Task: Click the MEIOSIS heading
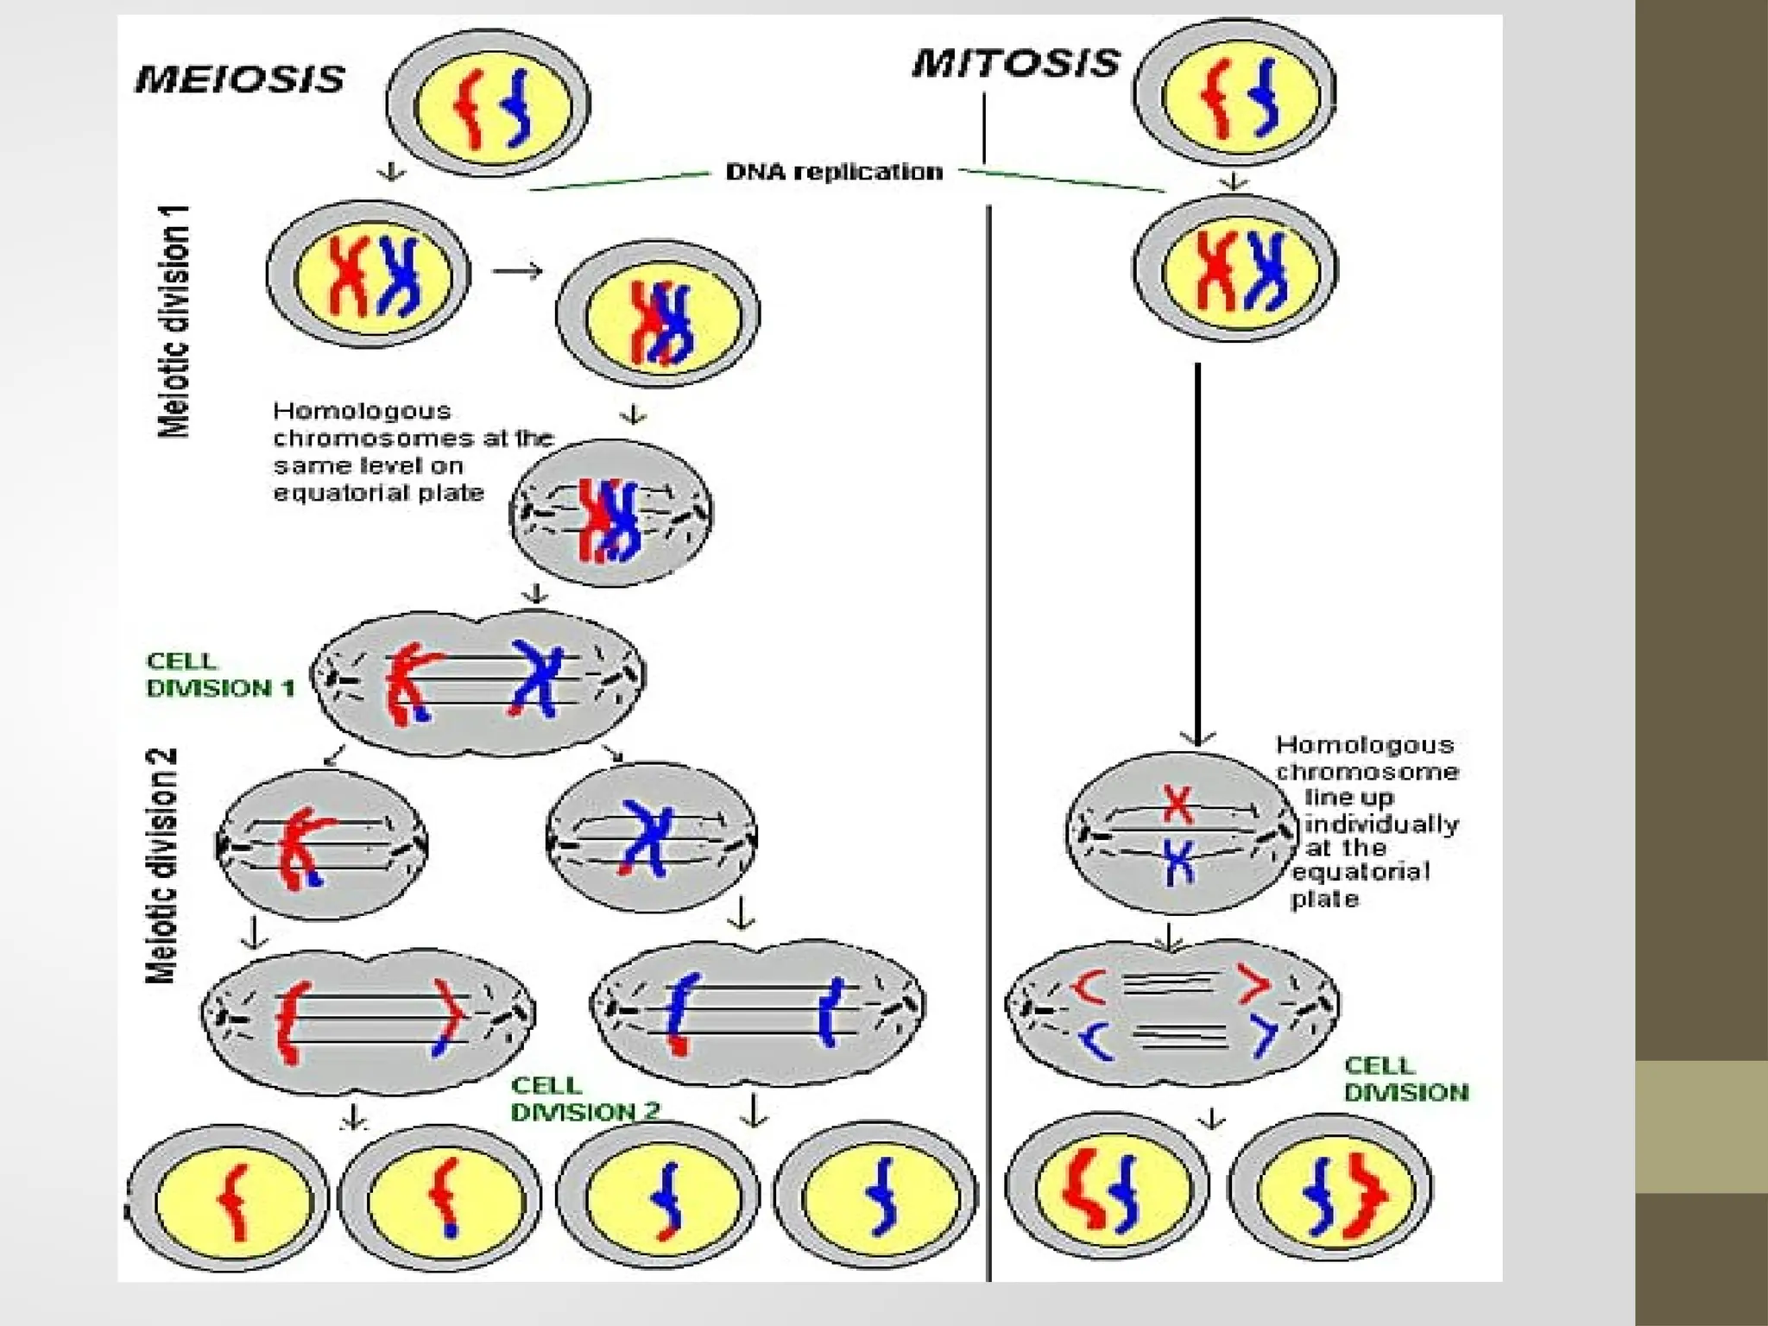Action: click(240, 79)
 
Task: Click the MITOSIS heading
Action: click(1016, 64)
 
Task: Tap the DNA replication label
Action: click(834, 172)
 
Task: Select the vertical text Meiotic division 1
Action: click(174, 321)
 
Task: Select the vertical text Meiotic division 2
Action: click(162, 865)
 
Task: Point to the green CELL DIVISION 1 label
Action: click(220, 675)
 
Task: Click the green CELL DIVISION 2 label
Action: click(585, 1099)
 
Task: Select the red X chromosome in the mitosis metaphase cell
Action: click(1178, 804)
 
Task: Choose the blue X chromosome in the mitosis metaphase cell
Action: click(1178, 861)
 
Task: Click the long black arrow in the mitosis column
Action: click(1197, 552)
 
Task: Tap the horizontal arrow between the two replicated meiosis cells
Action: click(517, 271)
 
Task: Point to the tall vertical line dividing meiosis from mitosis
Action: click(989, 742)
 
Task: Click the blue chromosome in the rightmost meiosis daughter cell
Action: click(881, 1198)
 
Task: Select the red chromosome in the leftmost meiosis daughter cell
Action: click(232, 1200)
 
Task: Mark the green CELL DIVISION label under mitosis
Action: click(1405, 1080)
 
